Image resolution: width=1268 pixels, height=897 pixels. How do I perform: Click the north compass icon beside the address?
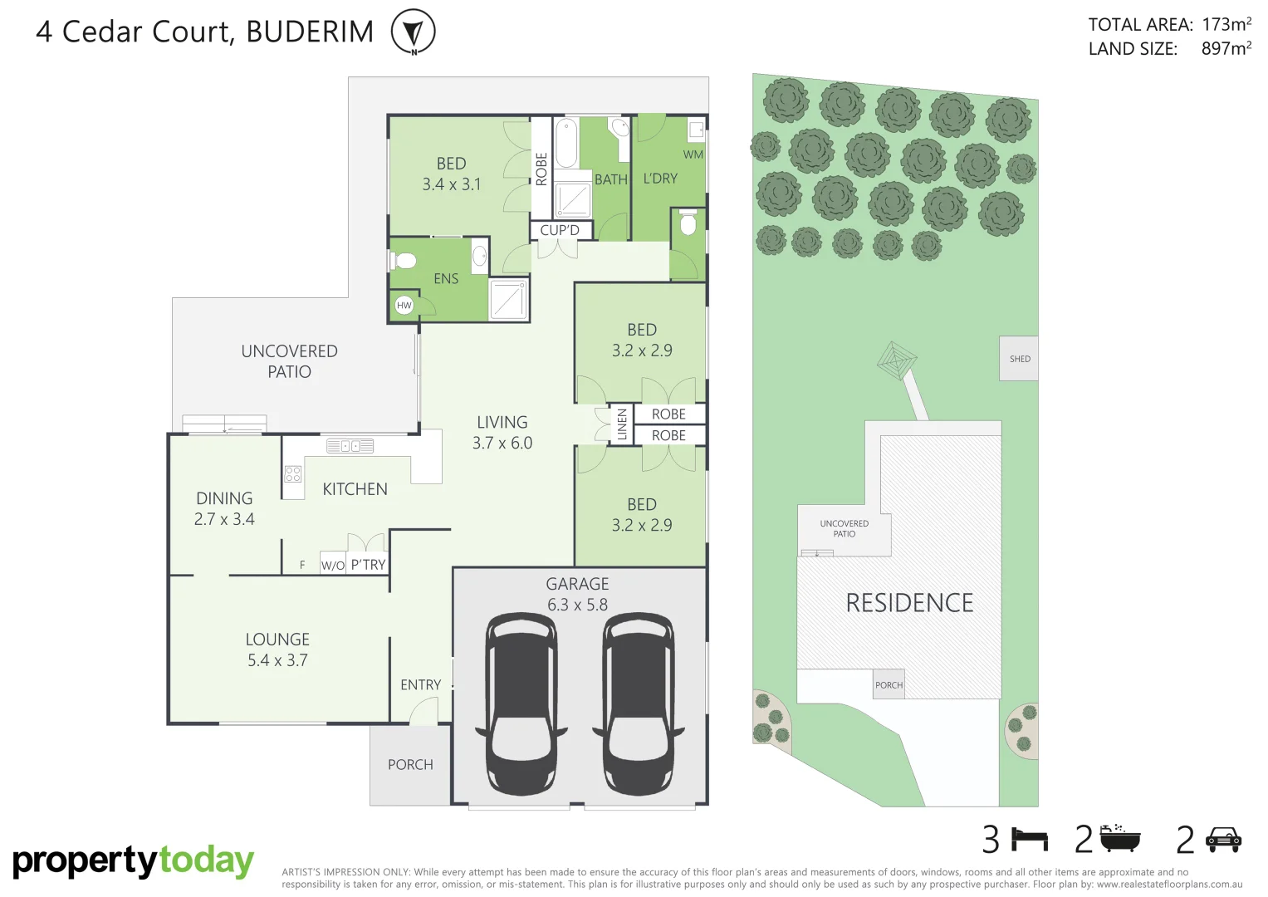pos(413,32)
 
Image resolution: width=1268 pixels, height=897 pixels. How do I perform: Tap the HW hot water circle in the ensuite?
pos(404,305)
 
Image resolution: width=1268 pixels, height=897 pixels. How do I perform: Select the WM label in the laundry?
pos(693,154)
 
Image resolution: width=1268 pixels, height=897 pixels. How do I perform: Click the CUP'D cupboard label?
pos(560,230)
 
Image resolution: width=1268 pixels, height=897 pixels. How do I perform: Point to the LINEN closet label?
pos(622,424)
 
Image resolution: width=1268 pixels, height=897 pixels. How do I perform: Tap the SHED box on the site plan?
pos(1019,359)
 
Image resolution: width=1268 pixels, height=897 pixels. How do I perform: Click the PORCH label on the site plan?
pos(889,685)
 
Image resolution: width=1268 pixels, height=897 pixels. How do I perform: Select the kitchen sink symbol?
pos(350,446)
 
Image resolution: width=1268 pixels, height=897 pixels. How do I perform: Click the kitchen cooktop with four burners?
pos(293,474)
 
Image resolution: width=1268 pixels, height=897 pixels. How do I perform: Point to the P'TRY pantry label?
pos(368,565)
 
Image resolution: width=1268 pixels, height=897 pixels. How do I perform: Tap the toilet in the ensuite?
pos(404,262)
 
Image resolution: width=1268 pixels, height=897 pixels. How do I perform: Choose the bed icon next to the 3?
pos(1031,840)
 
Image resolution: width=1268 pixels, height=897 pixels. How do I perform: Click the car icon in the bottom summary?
pos(1223,840)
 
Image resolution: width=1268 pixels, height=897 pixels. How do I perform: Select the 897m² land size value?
pos(1226,49)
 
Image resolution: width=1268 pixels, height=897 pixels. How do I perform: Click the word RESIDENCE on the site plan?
pos(909,603)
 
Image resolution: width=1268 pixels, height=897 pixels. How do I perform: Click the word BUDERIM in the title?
pos(310,32)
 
